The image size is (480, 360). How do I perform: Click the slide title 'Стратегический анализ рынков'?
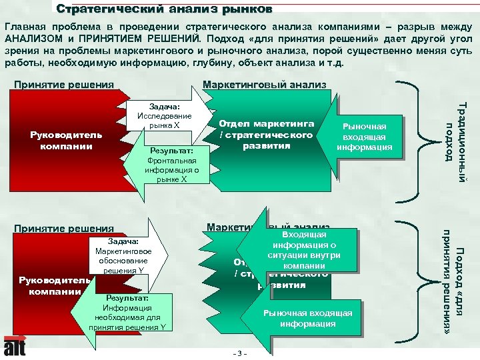click(164, 9)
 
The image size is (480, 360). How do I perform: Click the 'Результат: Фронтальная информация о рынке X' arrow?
click(169, 165)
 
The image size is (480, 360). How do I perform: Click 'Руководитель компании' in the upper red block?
click(66, 141)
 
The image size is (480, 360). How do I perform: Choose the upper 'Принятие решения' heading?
click(64, 85)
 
